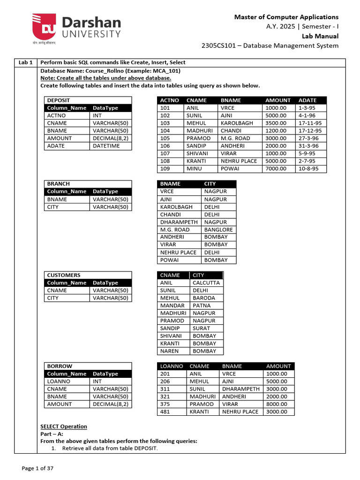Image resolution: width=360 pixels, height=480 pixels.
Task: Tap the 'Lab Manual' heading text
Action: tap(320, 36)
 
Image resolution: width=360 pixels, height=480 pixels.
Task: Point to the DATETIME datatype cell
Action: tap(106, 146)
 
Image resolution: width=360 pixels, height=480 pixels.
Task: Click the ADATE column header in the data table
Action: tap(307, 100)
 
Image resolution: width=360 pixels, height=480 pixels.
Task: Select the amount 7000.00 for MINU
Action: tap(276, 168)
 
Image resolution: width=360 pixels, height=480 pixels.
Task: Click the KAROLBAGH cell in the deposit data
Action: tap(237, 123)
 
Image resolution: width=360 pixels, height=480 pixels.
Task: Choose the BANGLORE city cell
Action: tap(218, 230)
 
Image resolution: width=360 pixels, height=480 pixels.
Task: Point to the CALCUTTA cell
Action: tap(206, 283)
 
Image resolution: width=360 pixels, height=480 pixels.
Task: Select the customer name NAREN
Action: tap(169, 351)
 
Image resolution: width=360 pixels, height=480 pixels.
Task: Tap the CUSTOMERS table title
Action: tap(64, 275)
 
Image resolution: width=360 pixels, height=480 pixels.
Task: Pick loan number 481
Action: tap(165, 412)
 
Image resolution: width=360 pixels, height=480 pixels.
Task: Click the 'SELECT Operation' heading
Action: tap(64, 426)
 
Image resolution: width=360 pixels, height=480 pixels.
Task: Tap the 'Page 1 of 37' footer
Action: tap(38, 468)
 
